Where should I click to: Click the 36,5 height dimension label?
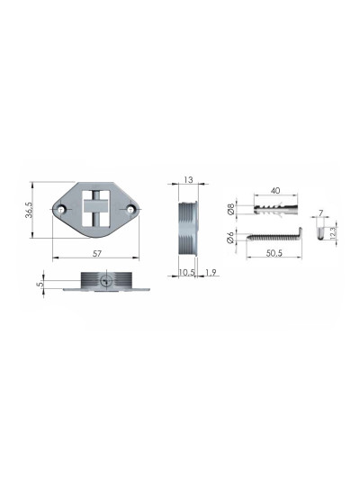pos(29,210)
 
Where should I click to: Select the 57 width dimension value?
pos(96,253)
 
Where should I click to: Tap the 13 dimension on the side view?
pos(189,180)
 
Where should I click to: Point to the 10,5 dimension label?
pos(186,272)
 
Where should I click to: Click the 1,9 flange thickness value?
pos(211,272)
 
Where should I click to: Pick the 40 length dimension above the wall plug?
pos(275,190)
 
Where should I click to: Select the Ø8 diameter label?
pos(231,209)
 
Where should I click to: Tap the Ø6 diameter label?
pos(230,238)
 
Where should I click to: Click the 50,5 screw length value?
pos(274,253)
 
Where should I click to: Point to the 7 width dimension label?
pos(320,213)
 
